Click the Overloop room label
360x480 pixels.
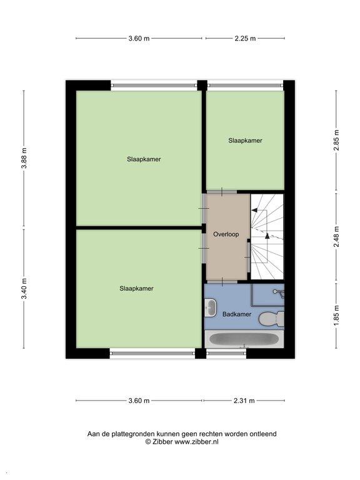226,234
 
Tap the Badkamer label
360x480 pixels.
237,314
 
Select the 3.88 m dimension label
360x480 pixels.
24,158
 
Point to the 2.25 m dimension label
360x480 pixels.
245,38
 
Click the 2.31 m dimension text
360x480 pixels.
244,401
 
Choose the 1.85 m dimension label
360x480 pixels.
336,316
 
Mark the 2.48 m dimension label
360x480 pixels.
336,236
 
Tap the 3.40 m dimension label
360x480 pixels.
24,288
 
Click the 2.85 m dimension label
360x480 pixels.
336,140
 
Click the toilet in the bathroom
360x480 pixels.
271,319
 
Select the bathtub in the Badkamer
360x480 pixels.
244,339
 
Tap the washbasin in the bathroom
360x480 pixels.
211,307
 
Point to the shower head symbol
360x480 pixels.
279,293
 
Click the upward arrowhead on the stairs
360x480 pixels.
267,236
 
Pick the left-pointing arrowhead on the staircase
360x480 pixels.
254,210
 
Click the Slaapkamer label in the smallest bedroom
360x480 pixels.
245,141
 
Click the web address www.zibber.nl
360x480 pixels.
196,442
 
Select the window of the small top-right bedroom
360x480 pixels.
245,85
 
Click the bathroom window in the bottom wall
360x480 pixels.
226,353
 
